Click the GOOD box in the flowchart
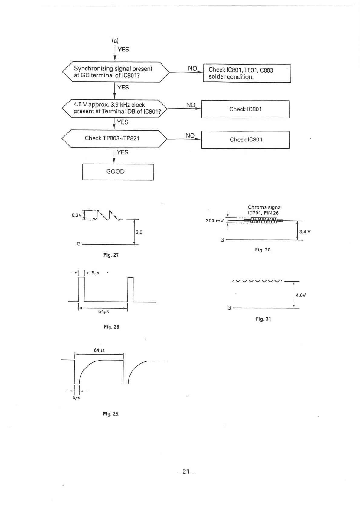(118, 172)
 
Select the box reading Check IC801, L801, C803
(247, 73)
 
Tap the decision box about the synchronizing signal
(115, 72)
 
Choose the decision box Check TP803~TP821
(114, 138)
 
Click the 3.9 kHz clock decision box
(114, 108)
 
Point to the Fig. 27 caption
(111, 255)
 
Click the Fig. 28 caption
(111, 327)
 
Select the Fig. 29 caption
(110, 414)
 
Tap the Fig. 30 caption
(263, 250)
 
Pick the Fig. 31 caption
(263, 319)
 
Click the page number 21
(186, 471)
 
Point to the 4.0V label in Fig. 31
(301, 295)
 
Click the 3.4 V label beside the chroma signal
(305, 232)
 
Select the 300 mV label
(214, 221)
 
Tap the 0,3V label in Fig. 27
(77, 215)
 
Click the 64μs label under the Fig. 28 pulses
(103, 311)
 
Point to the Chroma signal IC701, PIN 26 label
(265, 210)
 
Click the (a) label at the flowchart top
(115, 41)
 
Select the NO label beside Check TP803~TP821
(190, 135)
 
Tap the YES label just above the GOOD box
(123, 152)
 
